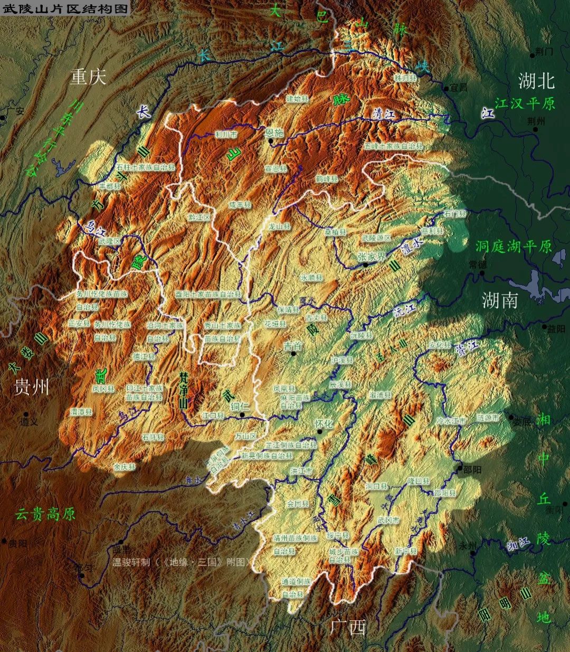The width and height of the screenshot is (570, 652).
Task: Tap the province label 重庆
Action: click(89, 77)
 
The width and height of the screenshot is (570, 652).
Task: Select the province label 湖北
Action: click(536, 81)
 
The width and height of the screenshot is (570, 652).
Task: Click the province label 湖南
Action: click(499, 300)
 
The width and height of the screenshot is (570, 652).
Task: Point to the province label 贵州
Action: click(32, 386)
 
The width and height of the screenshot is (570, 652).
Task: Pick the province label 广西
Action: click(347, 627)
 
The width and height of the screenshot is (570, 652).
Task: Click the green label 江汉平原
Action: click(525, 103)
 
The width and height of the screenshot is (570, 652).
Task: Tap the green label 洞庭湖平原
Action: click(513, 246)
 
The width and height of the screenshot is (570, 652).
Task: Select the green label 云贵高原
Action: click(45, 514)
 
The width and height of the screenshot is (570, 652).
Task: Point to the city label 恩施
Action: click(274, 133)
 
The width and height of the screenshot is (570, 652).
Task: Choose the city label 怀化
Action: click(324, 423)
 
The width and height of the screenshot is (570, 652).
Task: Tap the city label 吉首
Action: click(293, 346)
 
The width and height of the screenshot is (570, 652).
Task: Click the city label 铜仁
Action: click(240, 407)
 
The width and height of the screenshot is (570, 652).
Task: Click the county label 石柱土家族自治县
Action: click(145, 166)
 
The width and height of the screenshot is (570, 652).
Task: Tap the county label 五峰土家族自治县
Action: click(393, 145)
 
